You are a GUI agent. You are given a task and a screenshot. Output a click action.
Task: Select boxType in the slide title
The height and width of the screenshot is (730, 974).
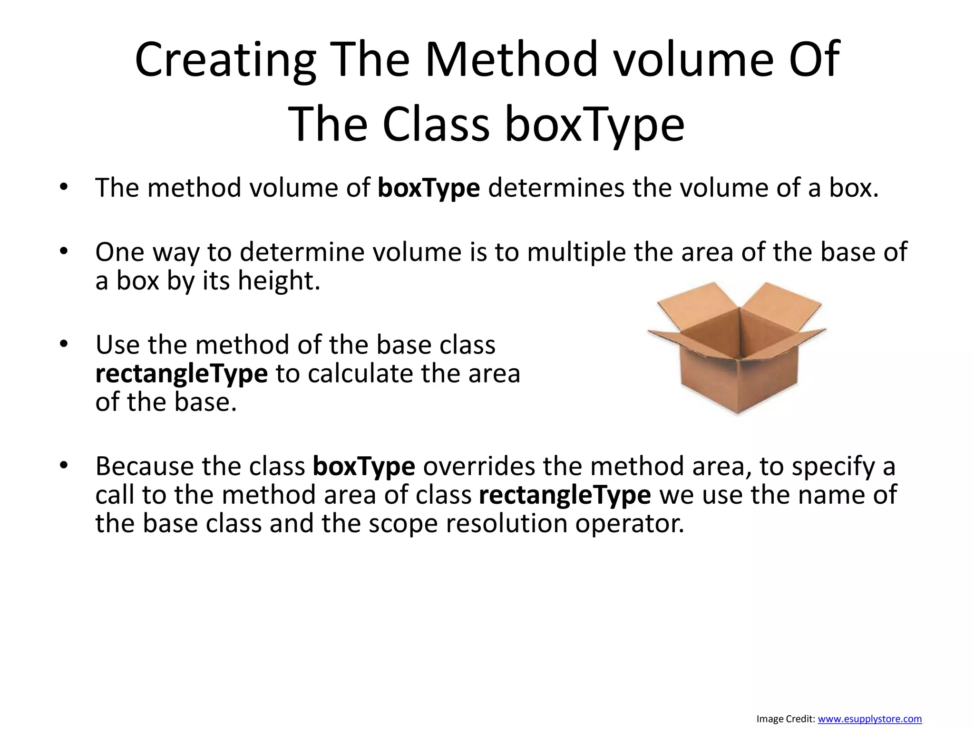(594, 125)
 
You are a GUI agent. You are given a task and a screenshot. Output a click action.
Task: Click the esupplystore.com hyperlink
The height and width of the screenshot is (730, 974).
(869, 719)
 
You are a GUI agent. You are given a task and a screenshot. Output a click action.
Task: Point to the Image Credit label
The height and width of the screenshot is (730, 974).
(786, 719)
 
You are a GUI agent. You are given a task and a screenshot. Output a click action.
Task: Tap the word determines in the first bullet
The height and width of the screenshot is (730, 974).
(556, 188)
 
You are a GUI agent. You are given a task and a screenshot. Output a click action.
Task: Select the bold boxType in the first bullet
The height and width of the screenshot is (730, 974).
(429, 188)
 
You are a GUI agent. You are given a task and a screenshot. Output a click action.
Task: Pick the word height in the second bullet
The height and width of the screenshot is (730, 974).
(279, 280)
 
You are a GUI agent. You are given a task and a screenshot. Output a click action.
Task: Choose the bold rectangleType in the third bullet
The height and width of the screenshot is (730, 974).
(181, 374)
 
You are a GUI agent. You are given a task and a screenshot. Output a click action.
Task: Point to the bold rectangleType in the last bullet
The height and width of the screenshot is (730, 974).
(565, 495)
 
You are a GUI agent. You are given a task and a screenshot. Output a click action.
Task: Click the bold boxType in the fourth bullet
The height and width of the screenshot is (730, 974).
(364, 466)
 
